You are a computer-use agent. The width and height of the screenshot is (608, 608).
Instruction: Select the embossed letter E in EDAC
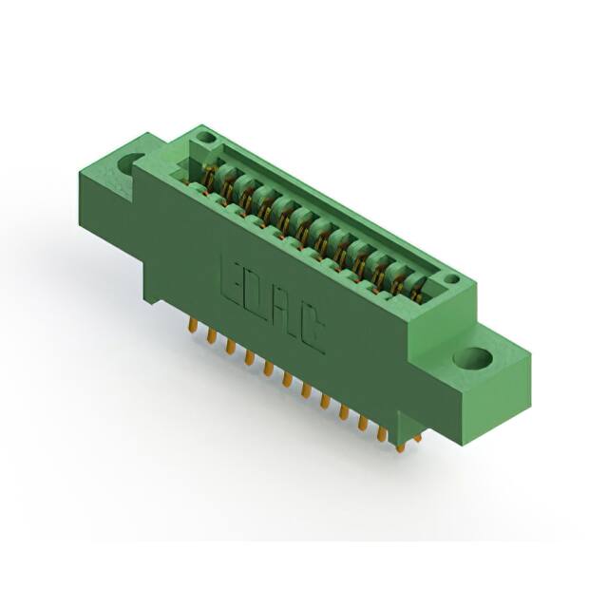(x=232, y=275)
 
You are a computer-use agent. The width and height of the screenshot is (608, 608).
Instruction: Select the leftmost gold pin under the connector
(x=192, y=325)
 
